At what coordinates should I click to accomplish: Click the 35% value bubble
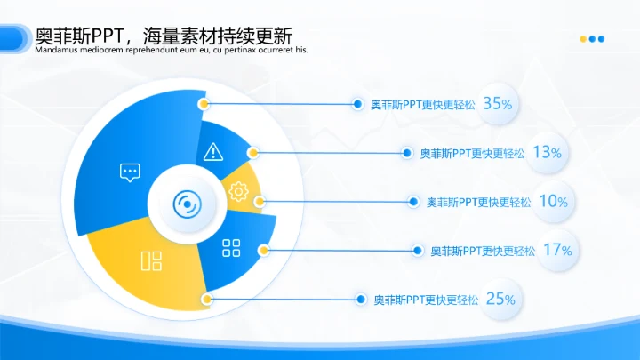pos(498,104)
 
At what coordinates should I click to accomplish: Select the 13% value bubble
pos(547,152)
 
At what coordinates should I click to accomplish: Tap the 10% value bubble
pos(553,202)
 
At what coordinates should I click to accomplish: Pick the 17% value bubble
pos(556,250)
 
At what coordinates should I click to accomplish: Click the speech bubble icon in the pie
pos(130,172)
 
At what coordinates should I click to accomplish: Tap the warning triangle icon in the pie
pos(212,152)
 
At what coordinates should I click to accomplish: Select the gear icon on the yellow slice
pos(238,190)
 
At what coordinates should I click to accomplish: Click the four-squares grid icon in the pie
pos(231,248)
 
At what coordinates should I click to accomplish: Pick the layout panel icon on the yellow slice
pos(151,260)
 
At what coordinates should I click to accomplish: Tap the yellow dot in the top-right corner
pos(583,39)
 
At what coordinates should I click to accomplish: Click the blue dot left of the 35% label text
pos(357,104)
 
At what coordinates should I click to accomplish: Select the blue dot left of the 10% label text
pos(413,203)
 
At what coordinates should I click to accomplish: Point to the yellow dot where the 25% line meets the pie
pos(206,300)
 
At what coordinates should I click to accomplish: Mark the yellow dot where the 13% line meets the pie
pos(253,153)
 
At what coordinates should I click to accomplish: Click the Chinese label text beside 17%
pos(483,251)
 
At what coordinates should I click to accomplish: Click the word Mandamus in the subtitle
pos(57,51)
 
